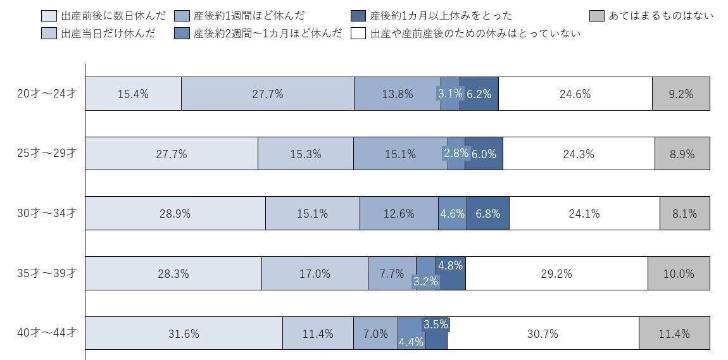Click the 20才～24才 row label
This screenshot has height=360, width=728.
[x=47, y=94]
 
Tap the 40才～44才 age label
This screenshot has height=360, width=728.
[x=47, y=333]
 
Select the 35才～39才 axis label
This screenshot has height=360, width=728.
[x=47, y=273]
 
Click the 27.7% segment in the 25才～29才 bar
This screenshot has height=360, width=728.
[x=172, y=154]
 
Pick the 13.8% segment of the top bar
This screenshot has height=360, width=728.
[x=397, y=94]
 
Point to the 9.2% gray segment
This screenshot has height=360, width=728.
[x=681, y=94]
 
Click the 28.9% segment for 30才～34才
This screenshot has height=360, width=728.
[x=175, y=213]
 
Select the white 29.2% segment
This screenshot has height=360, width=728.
[x=556, y=273]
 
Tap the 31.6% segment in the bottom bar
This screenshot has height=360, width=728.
[x=184, y=333]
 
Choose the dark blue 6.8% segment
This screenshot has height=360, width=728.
[x=488, y=213]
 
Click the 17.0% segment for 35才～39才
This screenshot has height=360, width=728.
[x=315, y=273]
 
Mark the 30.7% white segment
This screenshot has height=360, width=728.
[x=543, y=333]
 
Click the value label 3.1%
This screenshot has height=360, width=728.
[x=449, y=94]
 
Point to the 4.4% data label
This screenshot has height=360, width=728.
[x=411, y=342]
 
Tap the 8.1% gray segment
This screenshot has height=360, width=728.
[x=684, y=213]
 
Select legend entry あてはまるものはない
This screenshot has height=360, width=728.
[x=661, y=15]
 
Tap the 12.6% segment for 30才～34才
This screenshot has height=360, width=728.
[x=399, y=213]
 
